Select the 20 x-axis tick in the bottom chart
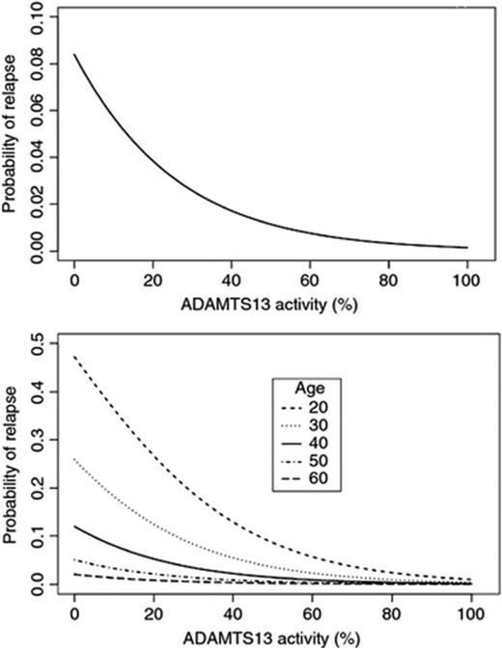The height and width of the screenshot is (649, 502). click(x=153, y=612)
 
